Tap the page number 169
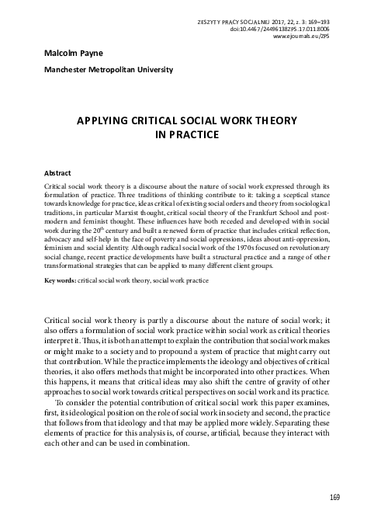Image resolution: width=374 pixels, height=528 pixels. (334, 497)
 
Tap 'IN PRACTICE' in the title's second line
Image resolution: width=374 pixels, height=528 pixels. (185, 134)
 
